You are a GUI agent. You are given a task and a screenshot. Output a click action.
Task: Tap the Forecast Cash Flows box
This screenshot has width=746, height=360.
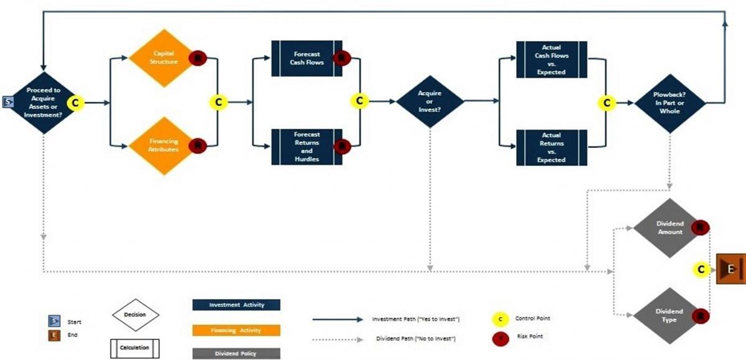[306, 58]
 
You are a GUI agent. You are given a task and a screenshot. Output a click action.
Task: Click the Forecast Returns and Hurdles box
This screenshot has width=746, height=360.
[306, 147]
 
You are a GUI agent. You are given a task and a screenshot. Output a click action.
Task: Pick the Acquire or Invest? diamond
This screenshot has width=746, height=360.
[430, 101]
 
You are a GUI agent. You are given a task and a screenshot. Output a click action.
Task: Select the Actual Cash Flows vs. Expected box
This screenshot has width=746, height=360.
[551, 59]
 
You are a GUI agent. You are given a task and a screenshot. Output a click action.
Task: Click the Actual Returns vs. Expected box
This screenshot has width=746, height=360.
[551, 147]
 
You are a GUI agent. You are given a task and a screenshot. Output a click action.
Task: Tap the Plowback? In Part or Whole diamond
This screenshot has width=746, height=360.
[670, 103]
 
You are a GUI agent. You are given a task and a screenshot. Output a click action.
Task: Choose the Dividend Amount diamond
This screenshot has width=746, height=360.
[670, 228]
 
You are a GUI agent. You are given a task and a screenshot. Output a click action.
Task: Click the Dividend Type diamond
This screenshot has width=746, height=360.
[670, 315]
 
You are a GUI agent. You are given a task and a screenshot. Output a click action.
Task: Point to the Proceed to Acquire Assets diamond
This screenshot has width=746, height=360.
[44, 102]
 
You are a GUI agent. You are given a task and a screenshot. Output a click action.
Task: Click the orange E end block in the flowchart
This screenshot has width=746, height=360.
[731, 269]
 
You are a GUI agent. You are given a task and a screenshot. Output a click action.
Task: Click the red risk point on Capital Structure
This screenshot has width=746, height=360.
[198, 58]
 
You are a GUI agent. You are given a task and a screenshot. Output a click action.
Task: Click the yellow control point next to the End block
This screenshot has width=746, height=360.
[701, 269]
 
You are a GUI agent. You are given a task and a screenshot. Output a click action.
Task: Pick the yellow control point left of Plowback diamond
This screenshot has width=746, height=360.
[607, 103]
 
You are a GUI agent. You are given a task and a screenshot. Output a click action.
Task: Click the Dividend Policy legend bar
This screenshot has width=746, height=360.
[237, 353]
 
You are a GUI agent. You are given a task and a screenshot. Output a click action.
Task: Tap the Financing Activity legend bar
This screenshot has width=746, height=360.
[237, 330]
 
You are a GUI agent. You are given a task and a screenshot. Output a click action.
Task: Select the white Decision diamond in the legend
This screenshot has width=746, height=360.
[135, 315]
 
